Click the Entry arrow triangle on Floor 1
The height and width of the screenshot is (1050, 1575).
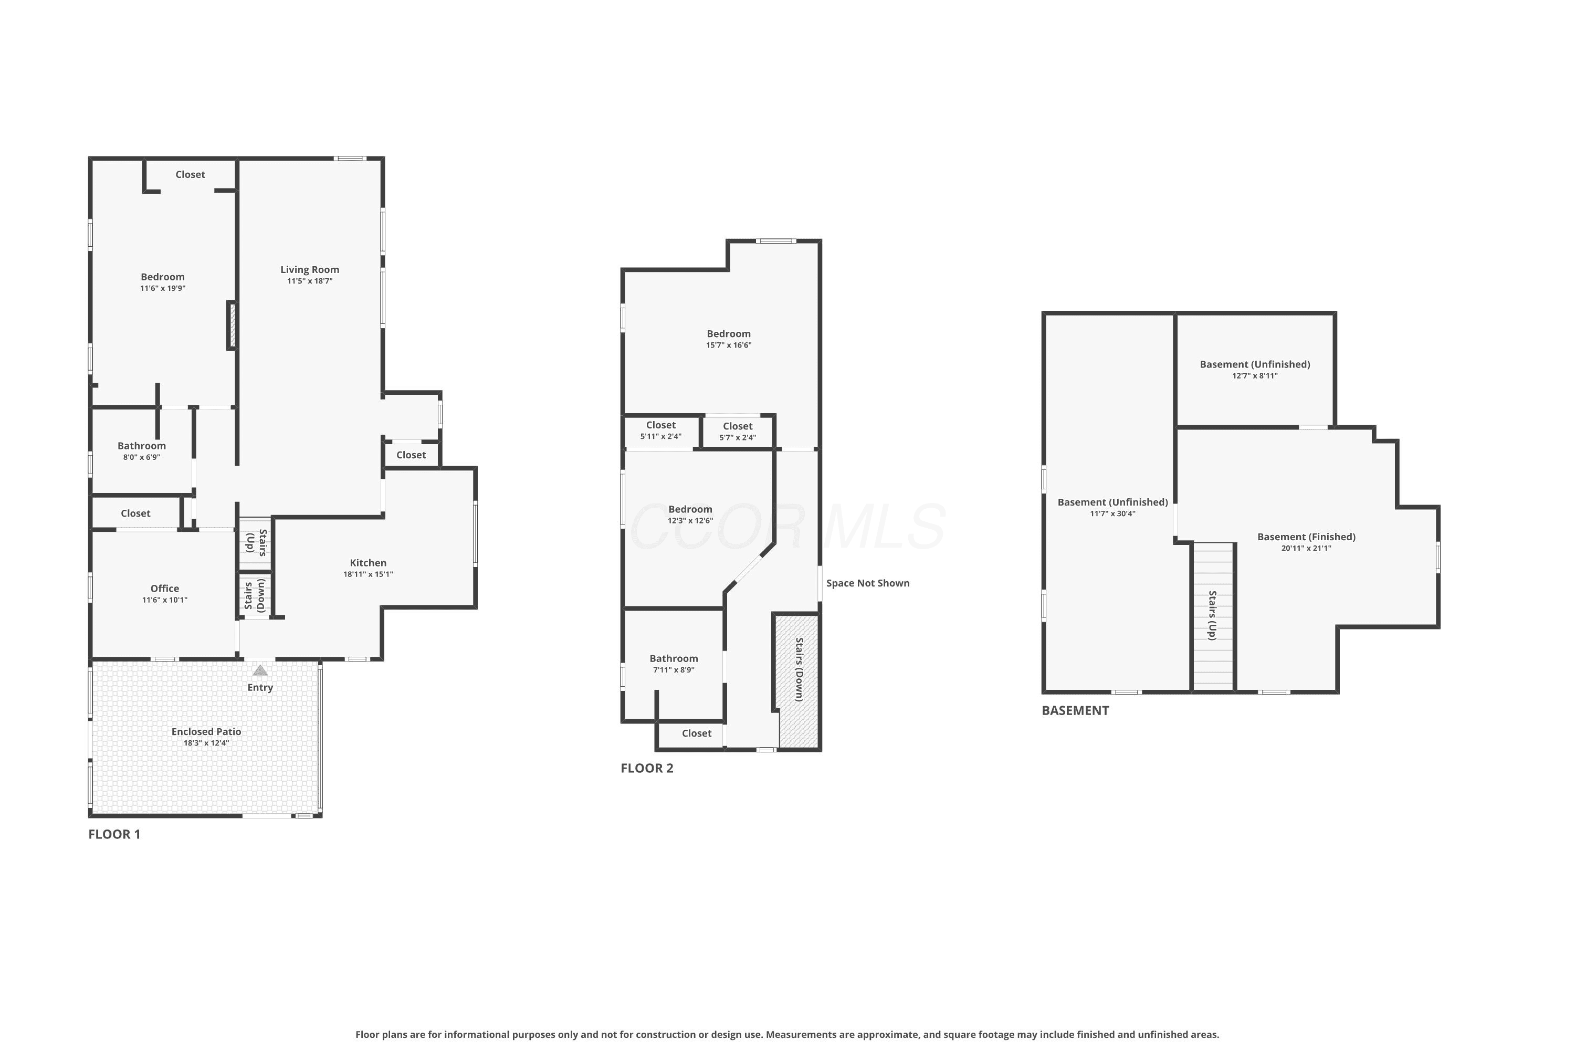pyautogui.click(x=260, y=670)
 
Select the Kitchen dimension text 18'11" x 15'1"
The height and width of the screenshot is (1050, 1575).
pyautogui.click(x=369, y=574)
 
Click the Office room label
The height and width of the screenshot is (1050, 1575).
pyautogui.click(x=165, y=589)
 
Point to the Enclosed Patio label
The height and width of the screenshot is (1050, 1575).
pyautogui.click(x=206, y=732)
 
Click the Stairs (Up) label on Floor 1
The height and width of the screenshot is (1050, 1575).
pyautogui.click(x=256, y=543)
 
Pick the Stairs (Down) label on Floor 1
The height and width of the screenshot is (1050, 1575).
pyautogui.click(x=255, y=596)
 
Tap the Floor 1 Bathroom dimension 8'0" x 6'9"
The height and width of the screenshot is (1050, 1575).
pyautogui.click(x=142, y=458)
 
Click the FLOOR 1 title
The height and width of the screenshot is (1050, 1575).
pyautogui.click(x=114, y=834)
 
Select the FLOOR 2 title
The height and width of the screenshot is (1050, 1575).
pyautogui.click(x=647, y=769)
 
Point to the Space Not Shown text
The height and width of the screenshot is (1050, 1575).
pyautogui.click(x=868, y=583)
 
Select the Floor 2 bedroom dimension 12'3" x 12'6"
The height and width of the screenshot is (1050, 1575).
pyautogui.click(x=690, y=521)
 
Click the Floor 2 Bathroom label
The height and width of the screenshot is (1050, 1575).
pyautogui.click(x=674, y=659)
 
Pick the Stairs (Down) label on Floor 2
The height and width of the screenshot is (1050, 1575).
pyautogui.click(x=799, y=670)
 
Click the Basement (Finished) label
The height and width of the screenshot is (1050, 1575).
pyautogui.click(x=1307, y=537)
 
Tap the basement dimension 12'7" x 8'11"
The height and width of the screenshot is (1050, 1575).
pyautogui.click(x=1255, y=376)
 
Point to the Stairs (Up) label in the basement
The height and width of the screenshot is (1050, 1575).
pyautogui.click(x=1212, y=615)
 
